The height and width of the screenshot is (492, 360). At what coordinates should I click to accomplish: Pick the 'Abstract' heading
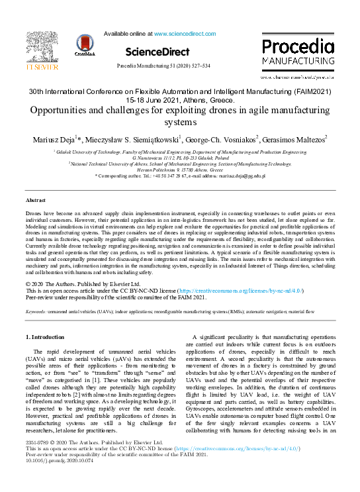pos(36,199)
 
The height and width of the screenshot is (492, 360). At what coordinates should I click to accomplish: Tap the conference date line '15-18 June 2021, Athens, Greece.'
pos(181,99)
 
